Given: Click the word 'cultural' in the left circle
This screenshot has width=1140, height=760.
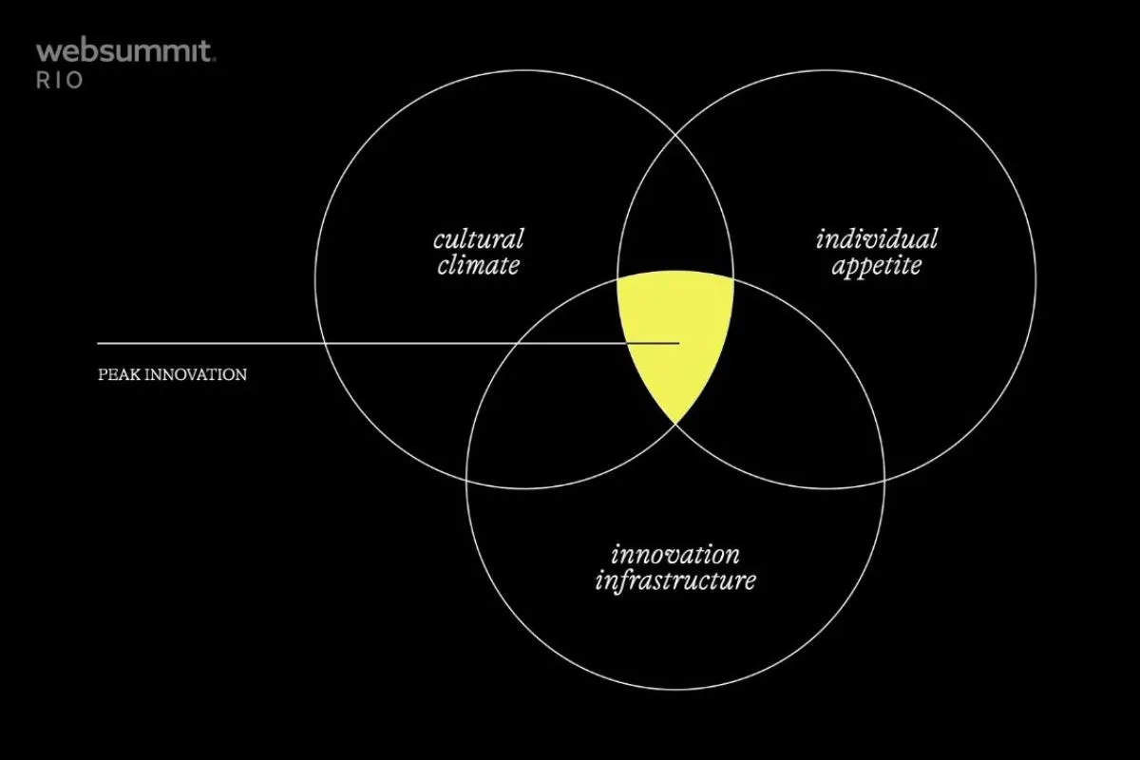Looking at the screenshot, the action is [479, 239].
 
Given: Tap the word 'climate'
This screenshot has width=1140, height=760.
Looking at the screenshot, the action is [479, 265].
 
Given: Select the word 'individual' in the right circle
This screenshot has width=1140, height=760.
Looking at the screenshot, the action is [876, 239].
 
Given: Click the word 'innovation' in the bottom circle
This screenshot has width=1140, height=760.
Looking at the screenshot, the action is [675, 555].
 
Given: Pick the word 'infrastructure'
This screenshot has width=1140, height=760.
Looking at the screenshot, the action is [675, 581].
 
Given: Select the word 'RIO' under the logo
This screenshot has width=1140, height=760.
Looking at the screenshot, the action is [60, 81].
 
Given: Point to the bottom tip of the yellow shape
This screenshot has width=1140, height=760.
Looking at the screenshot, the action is [675, 424].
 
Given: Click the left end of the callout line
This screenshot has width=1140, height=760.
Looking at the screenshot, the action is [98, 344].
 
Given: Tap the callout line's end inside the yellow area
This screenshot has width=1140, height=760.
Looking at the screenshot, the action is [679, 344].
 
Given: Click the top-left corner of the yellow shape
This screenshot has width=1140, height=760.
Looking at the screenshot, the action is [617, 279].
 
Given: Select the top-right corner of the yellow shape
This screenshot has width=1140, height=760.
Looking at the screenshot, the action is [733, 279].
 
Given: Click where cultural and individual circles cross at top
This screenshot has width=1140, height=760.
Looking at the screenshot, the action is [675, 136].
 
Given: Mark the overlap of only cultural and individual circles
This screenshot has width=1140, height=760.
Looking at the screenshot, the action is [675, 214].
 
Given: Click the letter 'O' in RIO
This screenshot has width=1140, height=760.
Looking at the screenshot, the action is [74, 81].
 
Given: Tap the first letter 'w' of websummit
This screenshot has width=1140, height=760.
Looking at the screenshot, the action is [47, 53].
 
